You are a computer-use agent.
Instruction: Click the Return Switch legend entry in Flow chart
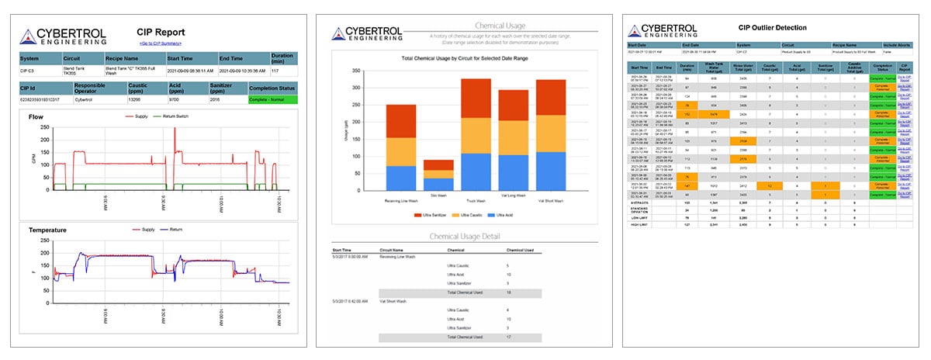(188, 117)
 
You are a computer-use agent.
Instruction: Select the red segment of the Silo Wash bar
(438, 164)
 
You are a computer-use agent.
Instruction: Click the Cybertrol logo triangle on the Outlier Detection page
(639, 33)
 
